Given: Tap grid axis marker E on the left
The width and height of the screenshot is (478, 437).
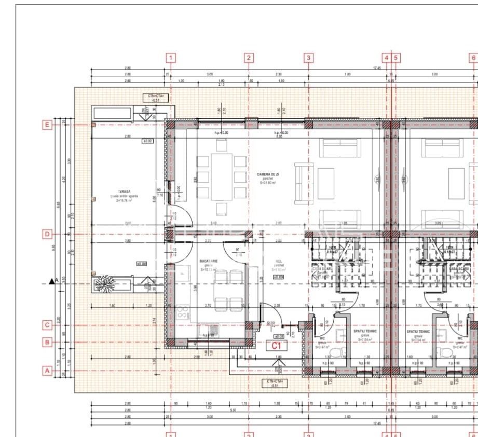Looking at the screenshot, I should (x=47, y=125).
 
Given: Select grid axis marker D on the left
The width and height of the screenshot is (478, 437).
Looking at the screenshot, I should (x=47, y=234).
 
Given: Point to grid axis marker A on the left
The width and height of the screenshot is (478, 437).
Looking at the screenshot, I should (x=47, y=371).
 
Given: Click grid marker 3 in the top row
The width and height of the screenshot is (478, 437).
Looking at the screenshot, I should (x=309, y=58).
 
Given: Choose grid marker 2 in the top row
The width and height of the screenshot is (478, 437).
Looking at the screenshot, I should (x=249, y=58).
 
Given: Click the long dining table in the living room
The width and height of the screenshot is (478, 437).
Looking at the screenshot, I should (x=222, y=176).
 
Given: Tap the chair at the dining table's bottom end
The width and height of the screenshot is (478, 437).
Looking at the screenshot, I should (x=222, y=209).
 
